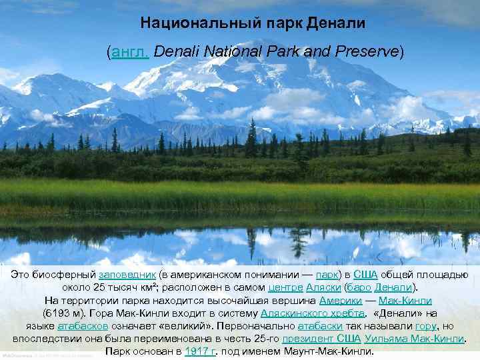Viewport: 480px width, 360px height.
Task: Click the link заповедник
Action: (x=127, y=275)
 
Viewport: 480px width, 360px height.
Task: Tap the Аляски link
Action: (x=323, y=287)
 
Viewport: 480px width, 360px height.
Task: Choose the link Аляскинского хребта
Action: (x=313, y=313)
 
